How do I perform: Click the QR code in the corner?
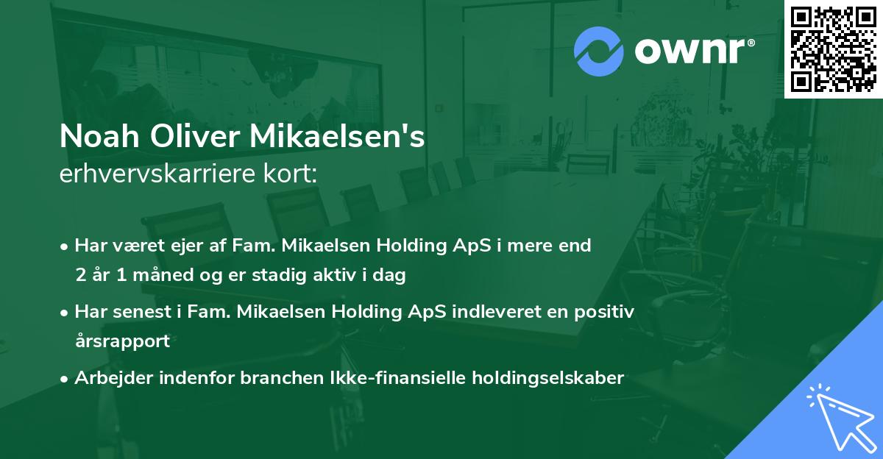coord(833,49)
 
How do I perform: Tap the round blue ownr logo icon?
coord(599,51)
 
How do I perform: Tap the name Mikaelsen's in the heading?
coord(338,137)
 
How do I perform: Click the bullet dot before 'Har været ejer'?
coord(65,246)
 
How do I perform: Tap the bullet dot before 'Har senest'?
coord(65,313)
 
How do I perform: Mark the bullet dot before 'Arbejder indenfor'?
coord(65,379)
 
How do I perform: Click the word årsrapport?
coord(122,341)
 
